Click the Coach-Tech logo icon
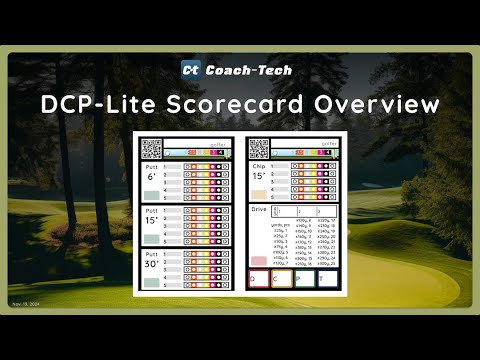[191, 69]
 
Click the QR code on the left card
[151, 150]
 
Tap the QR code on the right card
[258, 150]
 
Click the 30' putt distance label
[151, 266]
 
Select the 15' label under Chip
[258, 178]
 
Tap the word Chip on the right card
[258, 166]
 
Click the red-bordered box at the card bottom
[258, 279]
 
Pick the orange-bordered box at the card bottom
[281, 279]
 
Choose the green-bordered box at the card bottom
[304, 279]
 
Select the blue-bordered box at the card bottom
[327, 279]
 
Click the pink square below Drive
[257, 261]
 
